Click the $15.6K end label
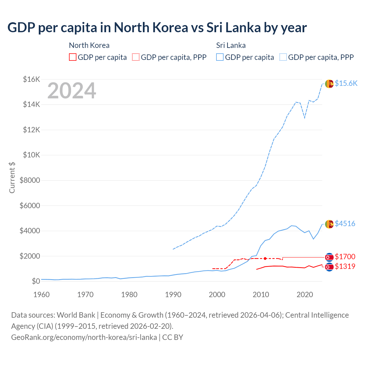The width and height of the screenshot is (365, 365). (x=346, y=83)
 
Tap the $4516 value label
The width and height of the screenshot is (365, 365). (x=345, y=224)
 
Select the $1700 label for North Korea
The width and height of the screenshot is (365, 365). (x=345, y=257)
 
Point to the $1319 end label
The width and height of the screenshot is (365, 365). (x=345, y=266)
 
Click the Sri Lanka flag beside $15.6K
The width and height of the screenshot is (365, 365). (x=329, y=84)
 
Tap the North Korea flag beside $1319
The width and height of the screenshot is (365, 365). (x=329, y=267)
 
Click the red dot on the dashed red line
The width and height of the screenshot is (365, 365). (x=265, y=258)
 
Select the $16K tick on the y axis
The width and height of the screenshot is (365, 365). (x=31, y=79)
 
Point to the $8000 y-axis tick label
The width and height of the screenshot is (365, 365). (x=30, y=180)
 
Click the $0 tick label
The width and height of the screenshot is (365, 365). (x=36, y=281)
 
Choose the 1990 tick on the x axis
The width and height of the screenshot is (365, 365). (x=173, y=295)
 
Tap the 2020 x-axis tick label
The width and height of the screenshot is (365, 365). (x=305, y=295)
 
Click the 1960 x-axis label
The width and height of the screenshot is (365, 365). (x=42, y=295)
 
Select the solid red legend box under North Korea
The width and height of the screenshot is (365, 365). (x=73, y=57)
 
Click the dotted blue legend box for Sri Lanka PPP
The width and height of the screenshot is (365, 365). (x=283, y=57)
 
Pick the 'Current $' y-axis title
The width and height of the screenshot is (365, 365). (x=12, y=178)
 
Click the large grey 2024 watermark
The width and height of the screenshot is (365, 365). (x=72, y=91)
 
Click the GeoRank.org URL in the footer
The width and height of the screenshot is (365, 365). (x=84, y=337)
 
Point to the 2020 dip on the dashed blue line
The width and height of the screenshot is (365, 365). (x=305, y=118)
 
